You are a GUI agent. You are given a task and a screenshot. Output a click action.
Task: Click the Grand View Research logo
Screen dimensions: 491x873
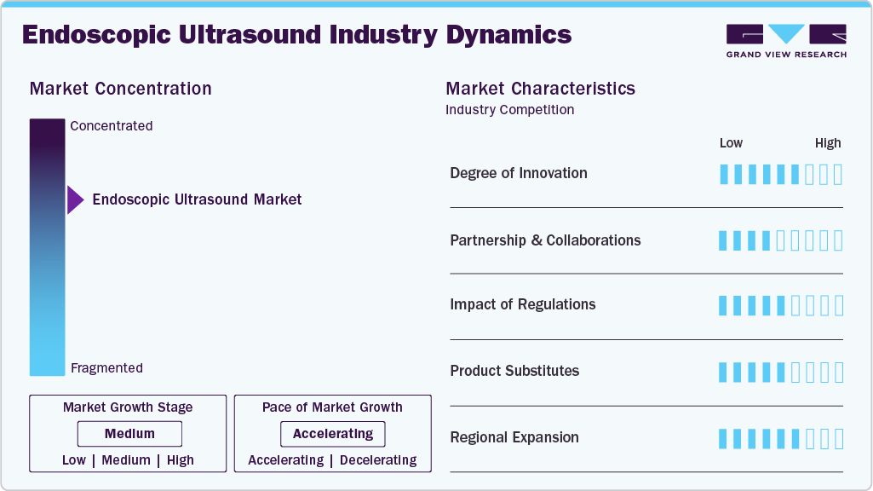click(x=785, y=40)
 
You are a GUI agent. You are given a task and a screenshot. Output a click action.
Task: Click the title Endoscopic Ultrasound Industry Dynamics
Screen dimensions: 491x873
click(x=296, y=35)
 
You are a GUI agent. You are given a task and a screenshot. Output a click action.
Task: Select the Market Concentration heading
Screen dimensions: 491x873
click(x=120, y=89)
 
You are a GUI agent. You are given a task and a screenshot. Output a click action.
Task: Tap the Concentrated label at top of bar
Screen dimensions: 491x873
click(x=112, y=126)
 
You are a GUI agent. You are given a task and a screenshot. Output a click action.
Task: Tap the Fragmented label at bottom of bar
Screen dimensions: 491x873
click(x=106, y=368)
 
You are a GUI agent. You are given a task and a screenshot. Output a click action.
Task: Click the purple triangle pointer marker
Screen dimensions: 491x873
click(x=75, y=200)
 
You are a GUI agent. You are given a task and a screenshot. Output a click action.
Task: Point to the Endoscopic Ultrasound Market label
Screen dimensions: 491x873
click(x=197, y=199)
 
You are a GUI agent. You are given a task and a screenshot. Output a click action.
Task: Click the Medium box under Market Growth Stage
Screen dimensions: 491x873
click(x=129, y=434)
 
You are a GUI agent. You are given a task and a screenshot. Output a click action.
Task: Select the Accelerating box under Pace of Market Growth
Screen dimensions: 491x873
click(x=332, y=434)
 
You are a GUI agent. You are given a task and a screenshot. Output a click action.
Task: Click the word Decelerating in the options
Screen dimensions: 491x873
click(x=378, y=460)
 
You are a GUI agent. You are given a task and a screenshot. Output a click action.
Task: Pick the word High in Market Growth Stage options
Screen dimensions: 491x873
click(x=181, y=460)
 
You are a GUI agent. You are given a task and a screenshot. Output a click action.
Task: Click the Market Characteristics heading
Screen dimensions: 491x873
click(x=540, y=89)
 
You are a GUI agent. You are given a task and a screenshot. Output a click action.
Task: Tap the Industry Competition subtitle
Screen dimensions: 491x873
click(x=509, y=110)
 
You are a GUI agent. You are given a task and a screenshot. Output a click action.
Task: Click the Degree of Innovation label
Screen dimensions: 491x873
click(x=518, y=173)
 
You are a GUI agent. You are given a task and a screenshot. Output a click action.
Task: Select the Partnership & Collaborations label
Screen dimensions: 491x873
click(x=545, y=240)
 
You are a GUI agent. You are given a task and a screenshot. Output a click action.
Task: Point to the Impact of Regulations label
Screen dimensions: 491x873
click(x=522, y=304)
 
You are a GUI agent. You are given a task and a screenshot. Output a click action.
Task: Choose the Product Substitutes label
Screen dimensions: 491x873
click(x=514, y=371)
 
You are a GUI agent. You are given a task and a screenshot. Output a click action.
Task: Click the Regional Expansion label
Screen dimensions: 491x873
click(x=514, y=437)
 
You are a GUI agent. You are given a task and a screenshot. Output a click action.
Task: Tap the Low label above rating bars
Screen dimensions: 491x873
click(x=731, y=143)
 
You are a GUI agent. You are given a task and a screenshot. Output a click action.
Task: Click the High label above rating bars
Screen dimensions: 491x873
click(x=827, y=143)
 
